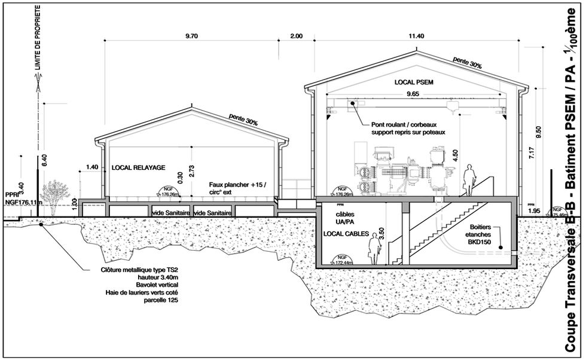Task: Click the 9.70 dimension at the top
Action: point(191,36)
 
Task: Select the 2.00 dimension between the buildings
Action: point(296,36)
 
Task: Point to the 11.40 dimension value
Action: point(416,36)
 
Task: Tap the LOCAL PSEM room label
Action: point(413,81)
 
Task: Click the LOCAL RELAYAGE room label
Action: point(138,168)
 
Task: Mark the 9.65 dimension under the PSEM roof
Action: point(412,94)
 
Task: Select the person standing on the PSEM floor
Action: point(470,179)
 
